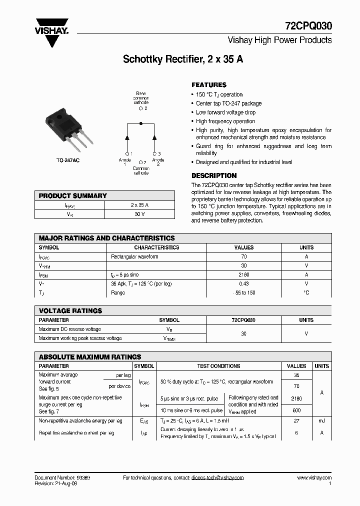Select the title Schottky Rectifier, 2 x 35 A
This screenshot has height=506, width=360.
click(x=183, y=59)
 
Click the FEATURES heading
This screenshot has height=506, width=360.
click(x=209, y=85)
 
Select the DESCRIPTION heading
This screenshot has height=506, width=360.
click(x=214, y=175)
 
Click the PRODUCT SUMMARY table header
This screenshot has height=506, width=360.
click(x=73, y=196)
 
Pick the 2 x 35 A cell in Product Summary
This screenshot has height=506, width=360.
click(x=139, y=205)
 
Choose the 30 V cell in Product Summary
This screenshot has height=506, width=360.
click(x=139, y=214)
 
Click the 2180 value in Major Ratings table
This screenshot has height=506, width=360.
click(x=244, y=274)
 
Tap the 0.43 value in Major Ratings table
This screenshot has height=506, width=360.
click(x=244, y=283)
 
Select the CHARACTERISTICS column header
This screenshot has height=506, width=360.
click(x=156, y=247)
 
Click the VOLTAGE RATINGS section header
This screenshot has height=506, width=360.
click(x=70, y=310)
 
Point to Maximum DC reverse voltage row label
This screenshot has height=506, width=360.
click(x=70, y=329)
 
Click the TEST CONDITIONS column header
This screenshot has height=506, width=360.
click(x=218, y=366)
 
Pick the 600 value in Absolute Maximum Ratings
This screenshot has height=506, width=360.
click(x=296, y=411)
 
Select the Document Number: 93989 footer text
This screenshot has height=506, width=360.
click(x=62, y=477)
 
